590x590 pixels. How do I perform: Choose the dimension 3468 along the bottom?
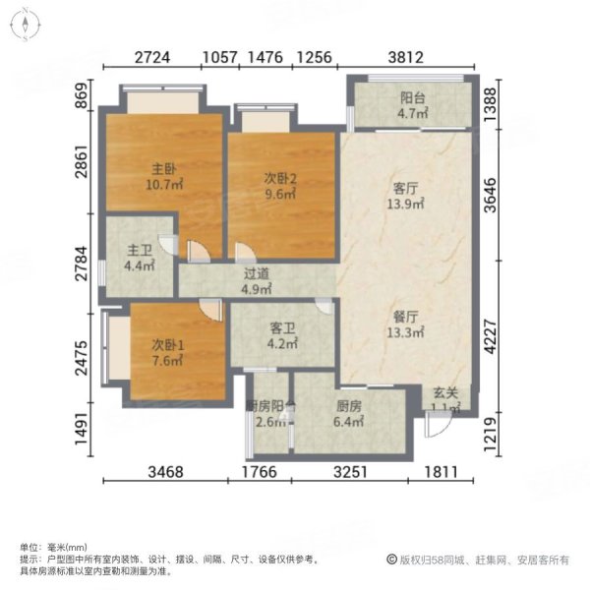click(x=172, y=473)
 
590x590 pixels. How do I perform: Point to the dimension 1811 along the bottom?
click(x=442, y=473)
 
